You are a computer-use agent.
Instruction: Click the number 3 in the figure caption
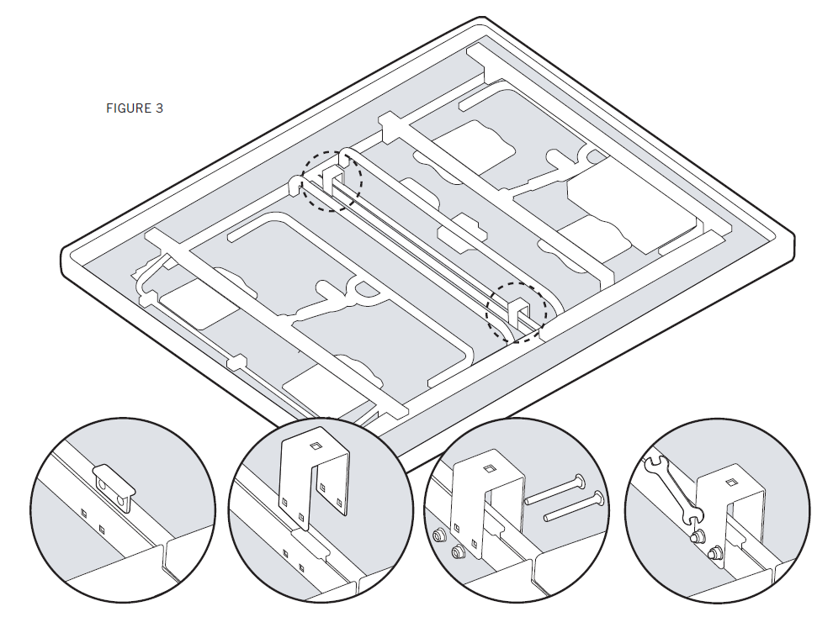[x=159, y=108]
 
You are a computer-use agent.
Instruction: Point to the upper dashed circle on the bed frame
[x=332, y=181]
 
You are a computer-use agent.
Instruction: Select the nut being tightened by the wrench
[x=695, y=536]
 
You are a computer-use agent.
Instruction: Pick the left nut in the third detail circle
[x=440, y=536]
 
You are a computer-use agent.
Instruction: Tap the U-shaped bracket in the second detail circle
[x=314, y=479]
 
